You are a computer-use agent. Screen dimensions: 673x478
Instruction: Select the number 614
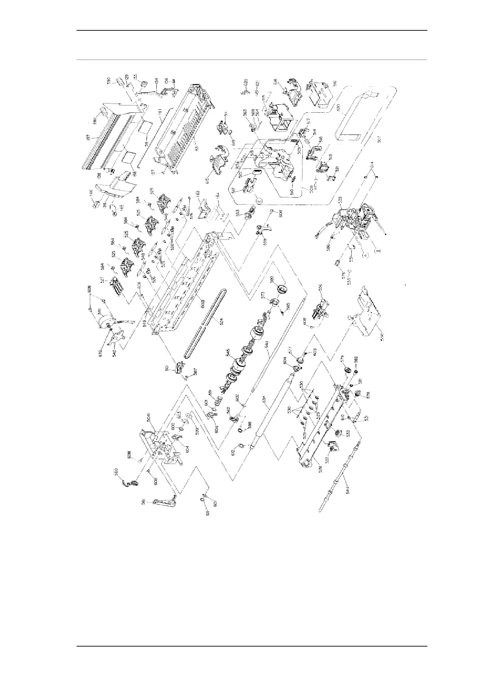pos(372,164)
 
